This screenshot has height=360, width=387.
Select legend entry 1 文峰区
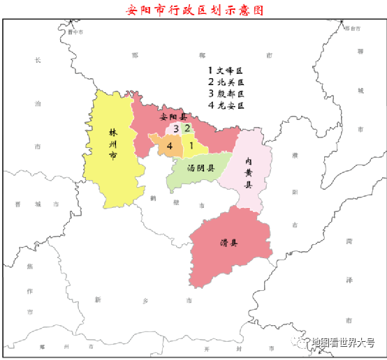[x=224, y=70]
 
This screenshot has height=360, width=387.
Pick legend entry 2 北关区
[x=224, y=82]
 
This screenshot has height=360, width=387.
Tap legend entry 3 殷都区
[x=224, y=94]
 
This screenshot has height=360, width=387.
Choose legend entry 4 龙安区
[x=224, y=106]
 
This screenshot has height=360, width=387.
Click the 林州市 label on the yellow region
[x=112, y=144]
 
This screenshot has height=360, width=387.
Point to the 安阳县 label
[x=173, y=117]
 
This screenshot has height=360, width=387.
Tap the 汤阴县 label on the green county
[x=200, y=168]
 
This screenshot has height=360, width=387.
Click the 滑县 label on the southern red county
[x=228, y=243]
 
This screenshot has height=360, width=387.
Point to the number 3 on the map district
[x=177, y=128]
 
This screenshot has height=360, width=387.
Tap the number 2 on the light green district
[x=187, y=128]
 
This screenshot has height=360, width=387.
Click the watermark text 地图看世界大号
[x=343, y=343]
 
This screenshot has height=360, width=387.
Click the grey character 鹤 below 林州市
[x=152, y=198]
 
